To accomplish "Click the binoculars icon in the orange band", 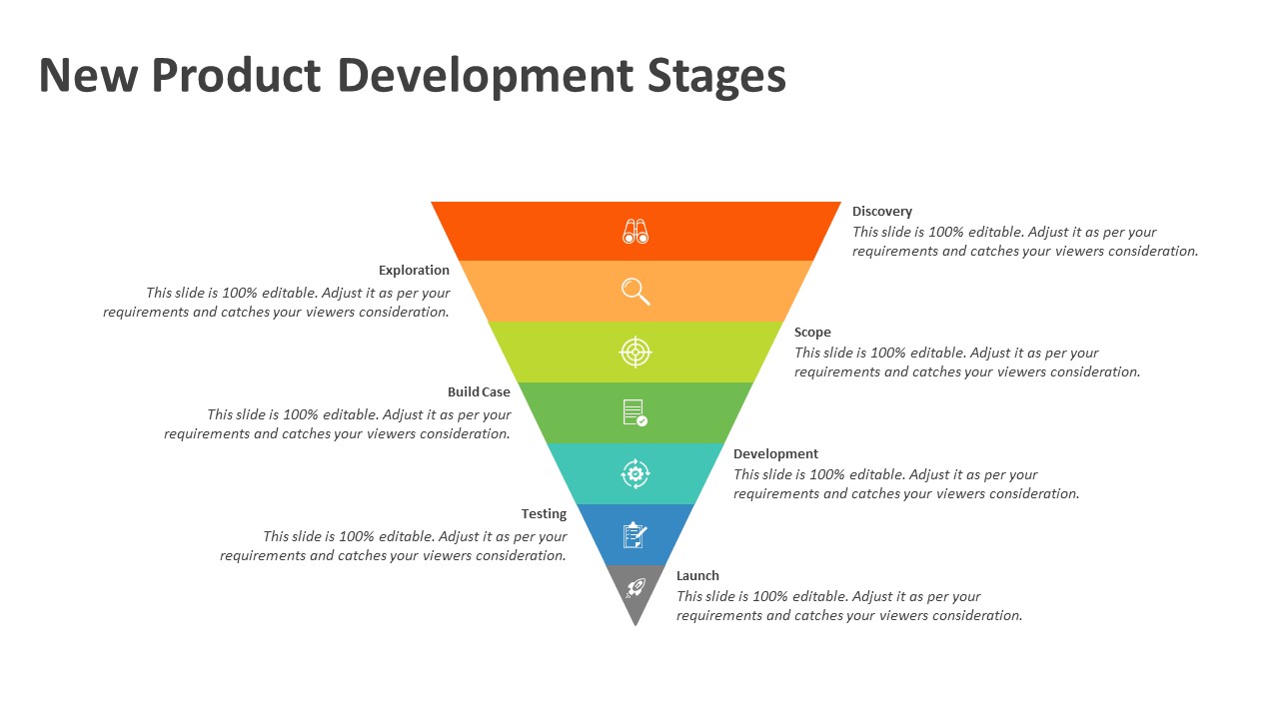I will click(636, 232).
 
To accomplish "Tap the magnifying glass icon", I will click(636, 291).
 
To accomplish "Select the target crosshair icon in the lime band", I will click(636, 352).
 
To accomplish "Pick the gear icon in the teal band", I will click(636, 473).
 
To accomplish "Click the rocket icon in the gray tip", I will click(636, 588).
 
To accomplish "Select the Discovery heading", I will click(882, 212).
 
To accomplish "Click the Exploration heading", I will click(414, 271).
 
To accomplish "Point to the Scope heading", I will click(812, 333).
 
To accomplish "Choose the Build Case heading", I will click(479, 392).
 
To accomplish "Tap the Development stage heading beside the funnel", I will click(775, 454).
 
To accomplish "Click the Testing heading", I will click(544, 514).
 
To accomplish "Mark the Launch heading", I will click(697, 576).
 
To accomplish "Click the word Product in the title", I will click(236, 77).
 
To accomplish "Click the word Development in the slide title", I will click(485, 77).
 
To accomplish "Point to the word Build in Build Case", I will click(464, 392).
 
